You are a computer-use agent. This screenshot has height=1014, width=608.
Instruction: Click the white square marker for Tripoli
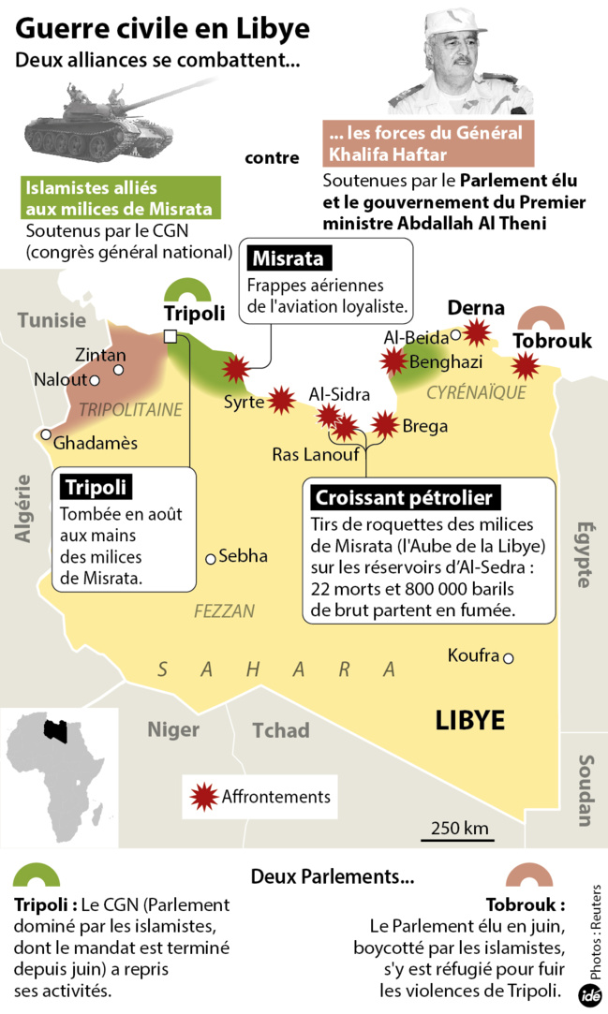171,337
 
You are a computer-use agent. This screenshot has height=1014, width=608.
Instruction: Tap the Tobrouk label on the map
552,341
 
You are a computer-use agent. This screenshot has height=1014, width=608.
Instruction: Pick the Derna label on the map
476,308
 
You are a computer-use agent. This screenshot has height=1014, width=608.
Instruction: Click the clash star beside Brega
383,426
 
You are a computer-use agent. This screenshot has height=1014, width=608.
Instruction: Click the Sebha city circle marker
211,559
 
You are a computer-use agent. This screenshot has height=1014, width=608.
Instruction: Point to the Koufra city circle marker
509,657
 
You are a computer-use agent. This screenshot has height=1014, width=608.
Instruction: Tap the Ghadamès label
96,442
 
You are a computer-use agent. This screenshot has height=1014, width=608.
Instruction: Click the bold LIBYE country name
469,719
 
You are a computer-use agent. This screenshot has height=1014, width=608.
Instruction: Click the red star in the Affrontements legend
203,797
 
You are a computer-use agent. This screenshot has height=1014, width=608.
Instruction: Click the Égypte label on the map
584,553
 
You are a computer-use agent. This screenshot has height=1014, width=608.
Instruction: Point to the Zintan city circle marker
118,370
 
